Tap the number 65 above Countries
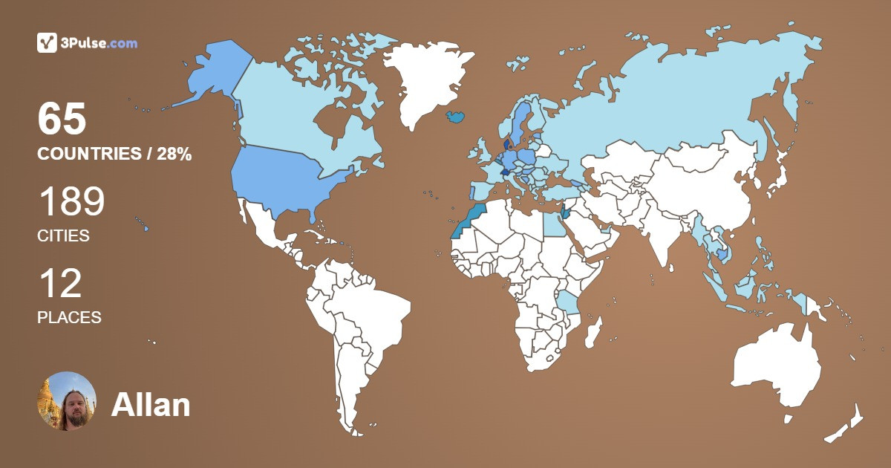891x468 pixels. tap(62, 120)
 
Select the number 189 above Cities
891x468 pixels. tap(71, 201)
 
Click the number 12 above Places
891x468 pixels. tap(59, 284)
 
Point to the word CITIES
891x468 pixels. tap(63, 236)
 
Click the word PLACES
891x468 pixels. tap(69, 317)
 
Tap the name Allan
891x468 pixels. tap(151, 405)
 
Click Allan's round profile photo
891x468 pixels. tap(67, 401)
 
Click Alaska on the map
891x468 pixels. tap(212, 74)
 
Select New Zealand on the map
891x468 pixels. tap(846, 423)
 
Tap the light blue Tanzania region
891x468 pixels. tap(568, 303)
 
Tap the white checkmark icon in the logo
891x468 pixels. tap(47, 43)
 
